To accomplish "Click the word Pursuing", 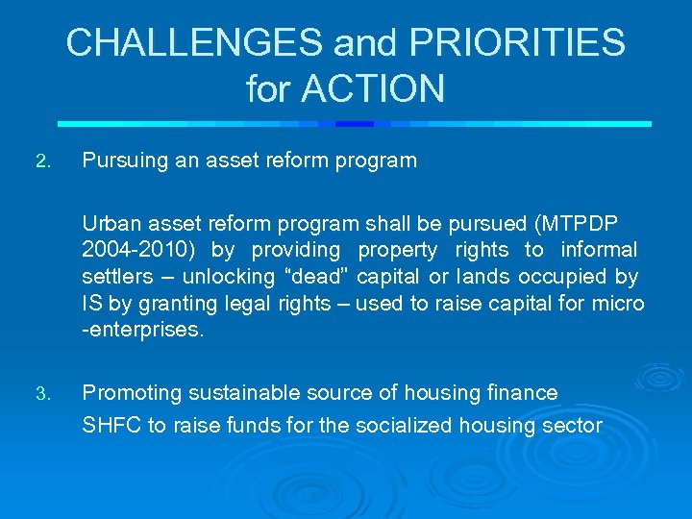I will (x=124, y=161).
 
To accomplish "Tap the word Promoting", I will (x=132, y=392).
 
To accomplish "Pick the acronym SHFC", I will (x=111, y=425).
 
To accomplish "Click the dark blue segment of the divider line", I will (x=354, y=124).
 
